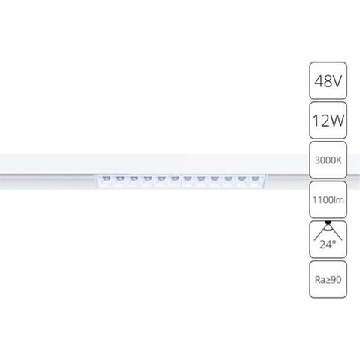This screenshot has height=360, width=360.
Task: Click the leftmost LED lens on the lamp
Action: click(x=106, y=178)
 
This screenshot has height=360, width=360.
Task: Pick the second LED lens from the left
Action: click(x=119, y=178)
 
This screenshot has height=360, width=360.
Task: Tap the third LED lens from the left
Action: click(x=133, y=178)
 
